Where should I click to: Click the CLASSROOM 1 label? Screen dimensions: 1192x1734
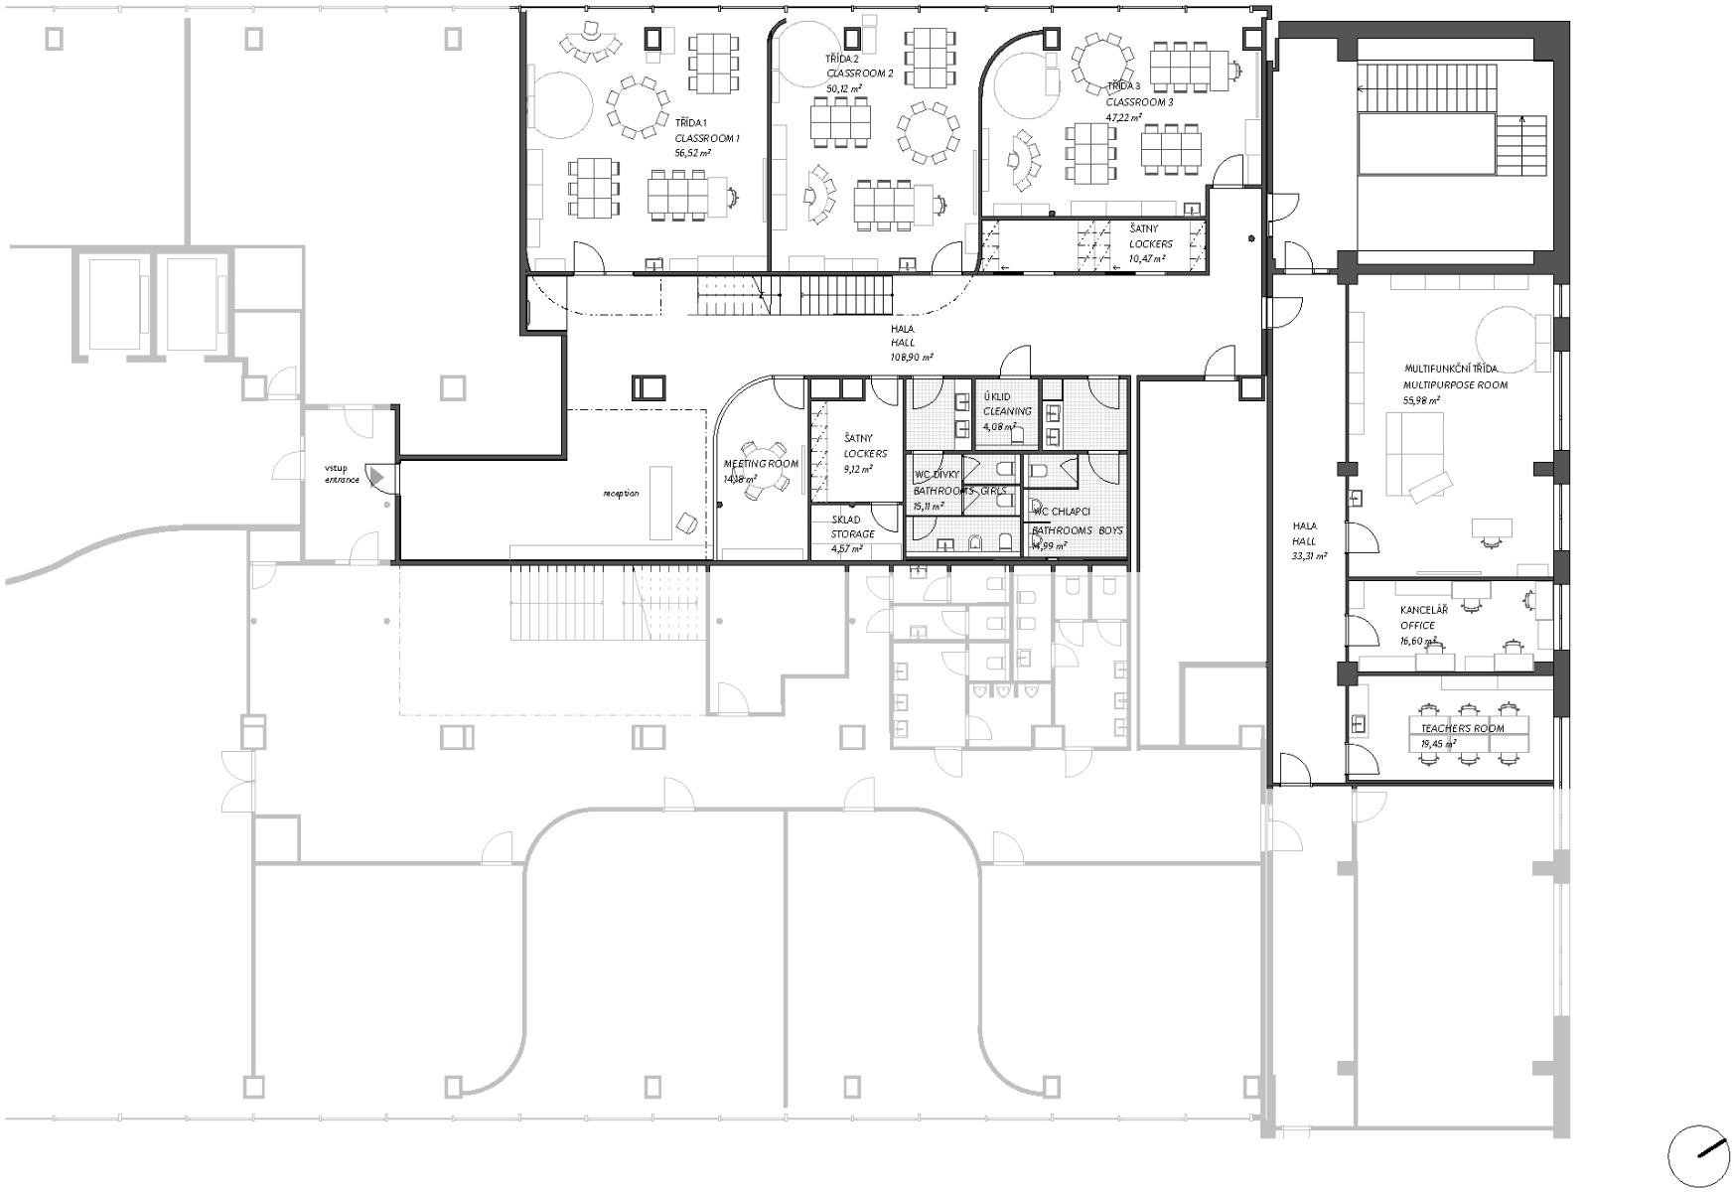pos(706,138)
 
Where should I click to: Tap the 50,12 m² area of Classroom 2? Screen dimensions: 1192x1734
pos(843,88)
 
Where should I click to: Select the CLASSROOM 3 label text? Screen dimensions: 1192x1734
pos(1139,102)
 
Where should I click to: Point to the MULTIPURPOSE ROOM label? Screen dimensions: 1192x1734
pos(1455,384)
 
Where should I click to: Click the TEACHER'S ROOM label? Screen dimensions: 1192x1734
pos(1462,728)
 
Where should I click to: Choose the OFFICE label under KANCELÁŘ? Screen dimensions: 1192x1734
pos(1417,626)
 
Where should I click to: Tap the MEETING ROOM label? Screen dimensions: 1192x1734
pos(761,464)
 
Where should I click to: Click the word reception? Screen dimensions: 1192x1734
pos(621,494)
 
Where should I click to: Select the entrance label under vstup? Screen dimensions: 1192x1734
pos(339,481)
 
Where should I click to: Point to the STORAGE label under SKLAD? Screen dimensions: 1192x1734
pos(853,534)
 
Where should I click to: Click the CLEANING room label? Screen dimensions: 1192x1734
pos(1007,411)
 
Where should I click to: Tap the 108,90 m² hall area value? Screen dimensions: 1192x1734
pos(912,357)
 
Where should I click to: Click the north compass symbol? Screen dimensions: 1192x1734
pos(1699,1154)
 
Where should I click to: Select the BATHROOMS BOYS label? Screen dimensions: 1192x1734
pos(1077,530)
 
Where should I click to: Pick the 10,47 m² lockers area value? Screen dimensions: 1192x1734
pos(1146,258)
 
